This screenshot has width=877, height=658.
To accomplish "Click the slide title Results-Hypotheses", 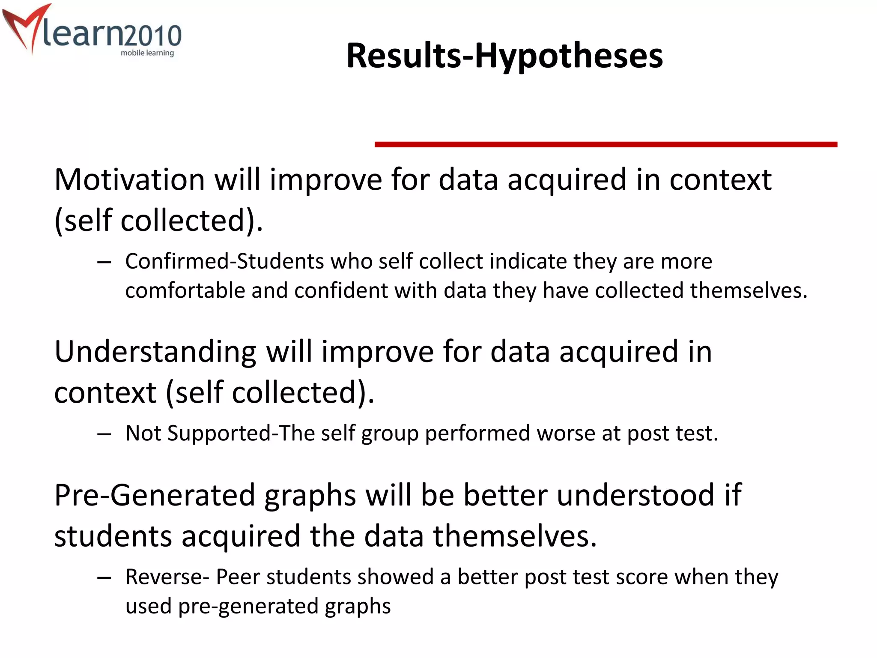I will (504, 56).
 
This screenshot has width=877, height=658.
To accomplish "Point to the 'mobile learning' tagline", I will (147, 53).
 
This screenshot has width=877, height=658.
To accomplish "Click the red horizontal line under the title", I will (606, 145).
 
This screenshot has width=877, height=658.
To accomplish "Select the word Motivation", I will (130, 179).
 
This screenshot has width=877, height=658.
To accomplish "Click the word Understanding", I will (155, 352).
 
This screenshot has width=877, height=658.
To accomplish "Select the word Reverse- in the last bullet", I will (167, 577).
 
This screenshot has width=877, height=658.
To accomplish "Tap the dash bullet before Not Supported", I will (104, 434).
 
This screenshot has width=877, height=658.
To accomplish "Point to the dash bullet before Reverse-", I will (104, 578).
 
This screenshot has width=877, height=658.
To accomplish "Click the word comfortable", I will (185, 291).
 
